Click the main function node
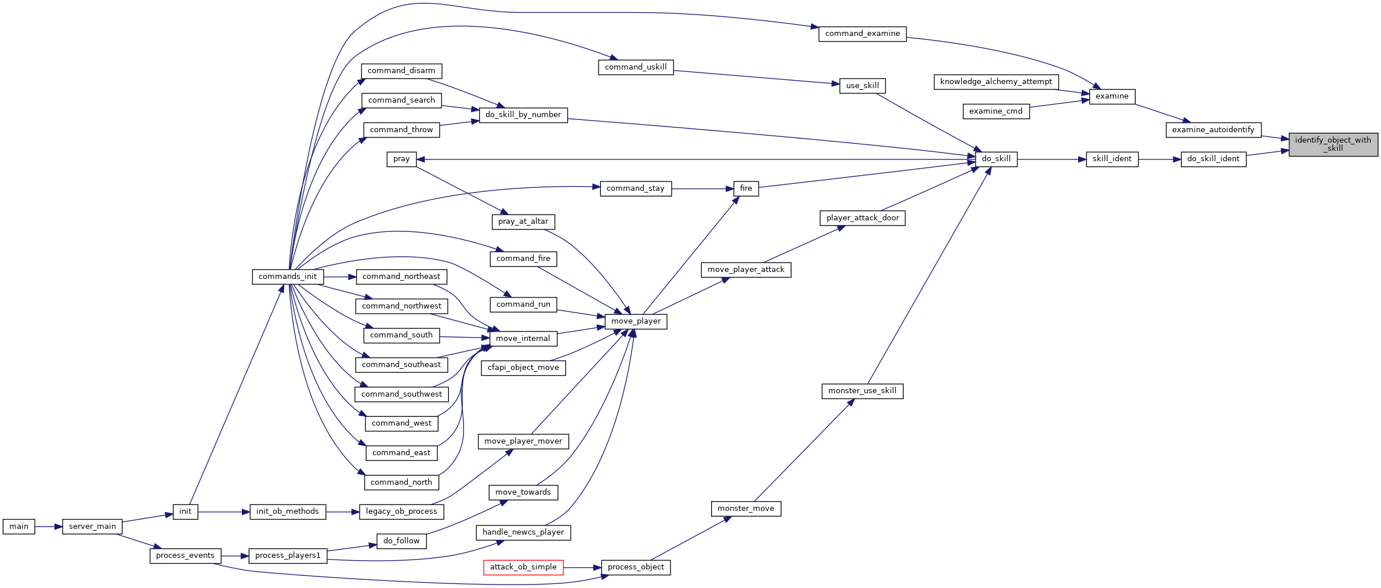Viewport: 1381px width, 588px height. coord(19,527)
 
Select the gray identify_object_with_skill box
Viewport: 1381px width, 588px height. coord(1333,144)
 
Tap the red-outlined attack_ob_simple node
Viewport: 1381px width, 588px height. coord(523,567)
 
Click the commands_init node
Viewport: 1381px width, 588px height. coord(288,277)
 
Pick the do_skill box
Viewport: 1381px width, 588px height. coord(996,159)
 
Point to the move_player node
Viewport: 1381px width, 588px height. coord(636,321)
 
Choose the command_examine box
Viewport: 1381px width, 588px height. coord(862,34)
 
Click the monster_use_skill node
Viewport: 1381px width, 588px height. coord(862,391)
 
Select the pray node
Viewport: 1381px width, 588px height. coord(401,159)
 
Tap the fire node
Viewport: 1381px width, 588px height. coord(746,188)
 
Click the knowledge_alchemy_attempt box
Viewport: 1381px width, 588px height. coord(996,82)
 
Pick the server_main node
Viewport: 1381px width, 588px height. coord(92,527)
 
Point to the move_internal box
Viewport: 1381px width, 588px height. coord(523,339)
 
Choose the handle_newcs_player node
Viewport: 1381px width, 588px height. coord(523,532)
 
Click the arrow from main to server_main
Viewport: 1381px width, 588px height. coord(49,527)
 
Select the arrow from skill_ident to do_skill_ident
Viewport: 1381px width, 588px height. coord(1160,159)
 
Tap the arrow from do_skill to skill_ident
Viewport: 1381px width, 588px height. coord(1052,159)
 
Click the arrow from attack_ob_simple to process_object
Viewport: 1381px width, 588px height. coord(582,568)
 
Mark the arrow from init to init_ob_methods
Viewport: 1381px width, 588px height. coord(224,512)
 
